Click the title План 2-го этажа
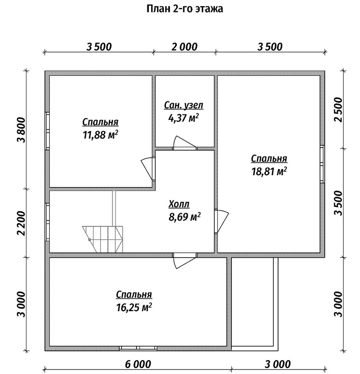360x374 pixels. tap(185, 9)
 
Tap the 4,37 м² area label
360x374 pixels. tap(184, 118)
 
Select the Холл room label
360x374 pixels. tap(179, 204)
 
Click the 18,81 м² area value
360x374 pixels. tap(269, 171)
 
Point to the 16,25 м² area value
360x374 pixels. tap(134, 307)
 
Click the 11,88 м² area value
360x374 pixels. tap(100, 135)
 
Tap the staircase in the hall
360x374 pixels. tap(102, 239)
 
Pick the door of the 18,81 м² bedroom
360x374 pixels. tap(221, 221)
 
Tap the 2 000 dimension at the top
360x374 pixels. tap(185, 47)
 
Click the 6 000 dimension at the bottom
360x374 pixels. tap(138, 364)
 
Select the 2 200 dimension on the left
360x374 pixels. tap(21, 223)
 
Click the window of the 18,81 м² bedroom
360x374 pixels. tap(322, 164)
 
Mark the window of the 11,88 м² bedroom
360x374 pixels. tap(47, 131)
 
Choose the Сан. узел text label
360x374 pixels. tap(184, 105)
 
